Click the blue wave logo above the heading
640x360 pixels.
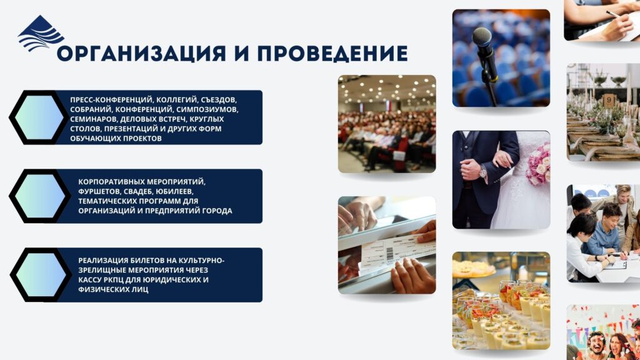point(40,34)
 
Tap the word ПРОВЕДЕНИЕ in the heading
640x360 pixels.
point(332,54)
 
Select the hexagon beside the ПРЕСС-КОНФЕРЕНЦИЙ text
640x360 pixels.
point(39,117)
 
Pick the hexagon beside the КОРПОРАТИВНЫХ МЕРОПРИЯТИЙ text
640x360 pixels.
point(40,196)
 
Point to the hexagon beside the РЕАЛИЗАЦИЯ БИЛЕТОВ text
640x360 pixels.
point(41,275)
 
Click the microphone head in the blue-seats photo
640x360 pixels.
point(482,37)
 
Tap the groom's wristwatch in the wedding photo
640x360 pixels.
point(483,171)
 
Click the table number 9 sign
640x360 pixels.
point(609,100)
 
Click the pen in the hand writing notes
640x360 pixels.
point(614,14)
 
